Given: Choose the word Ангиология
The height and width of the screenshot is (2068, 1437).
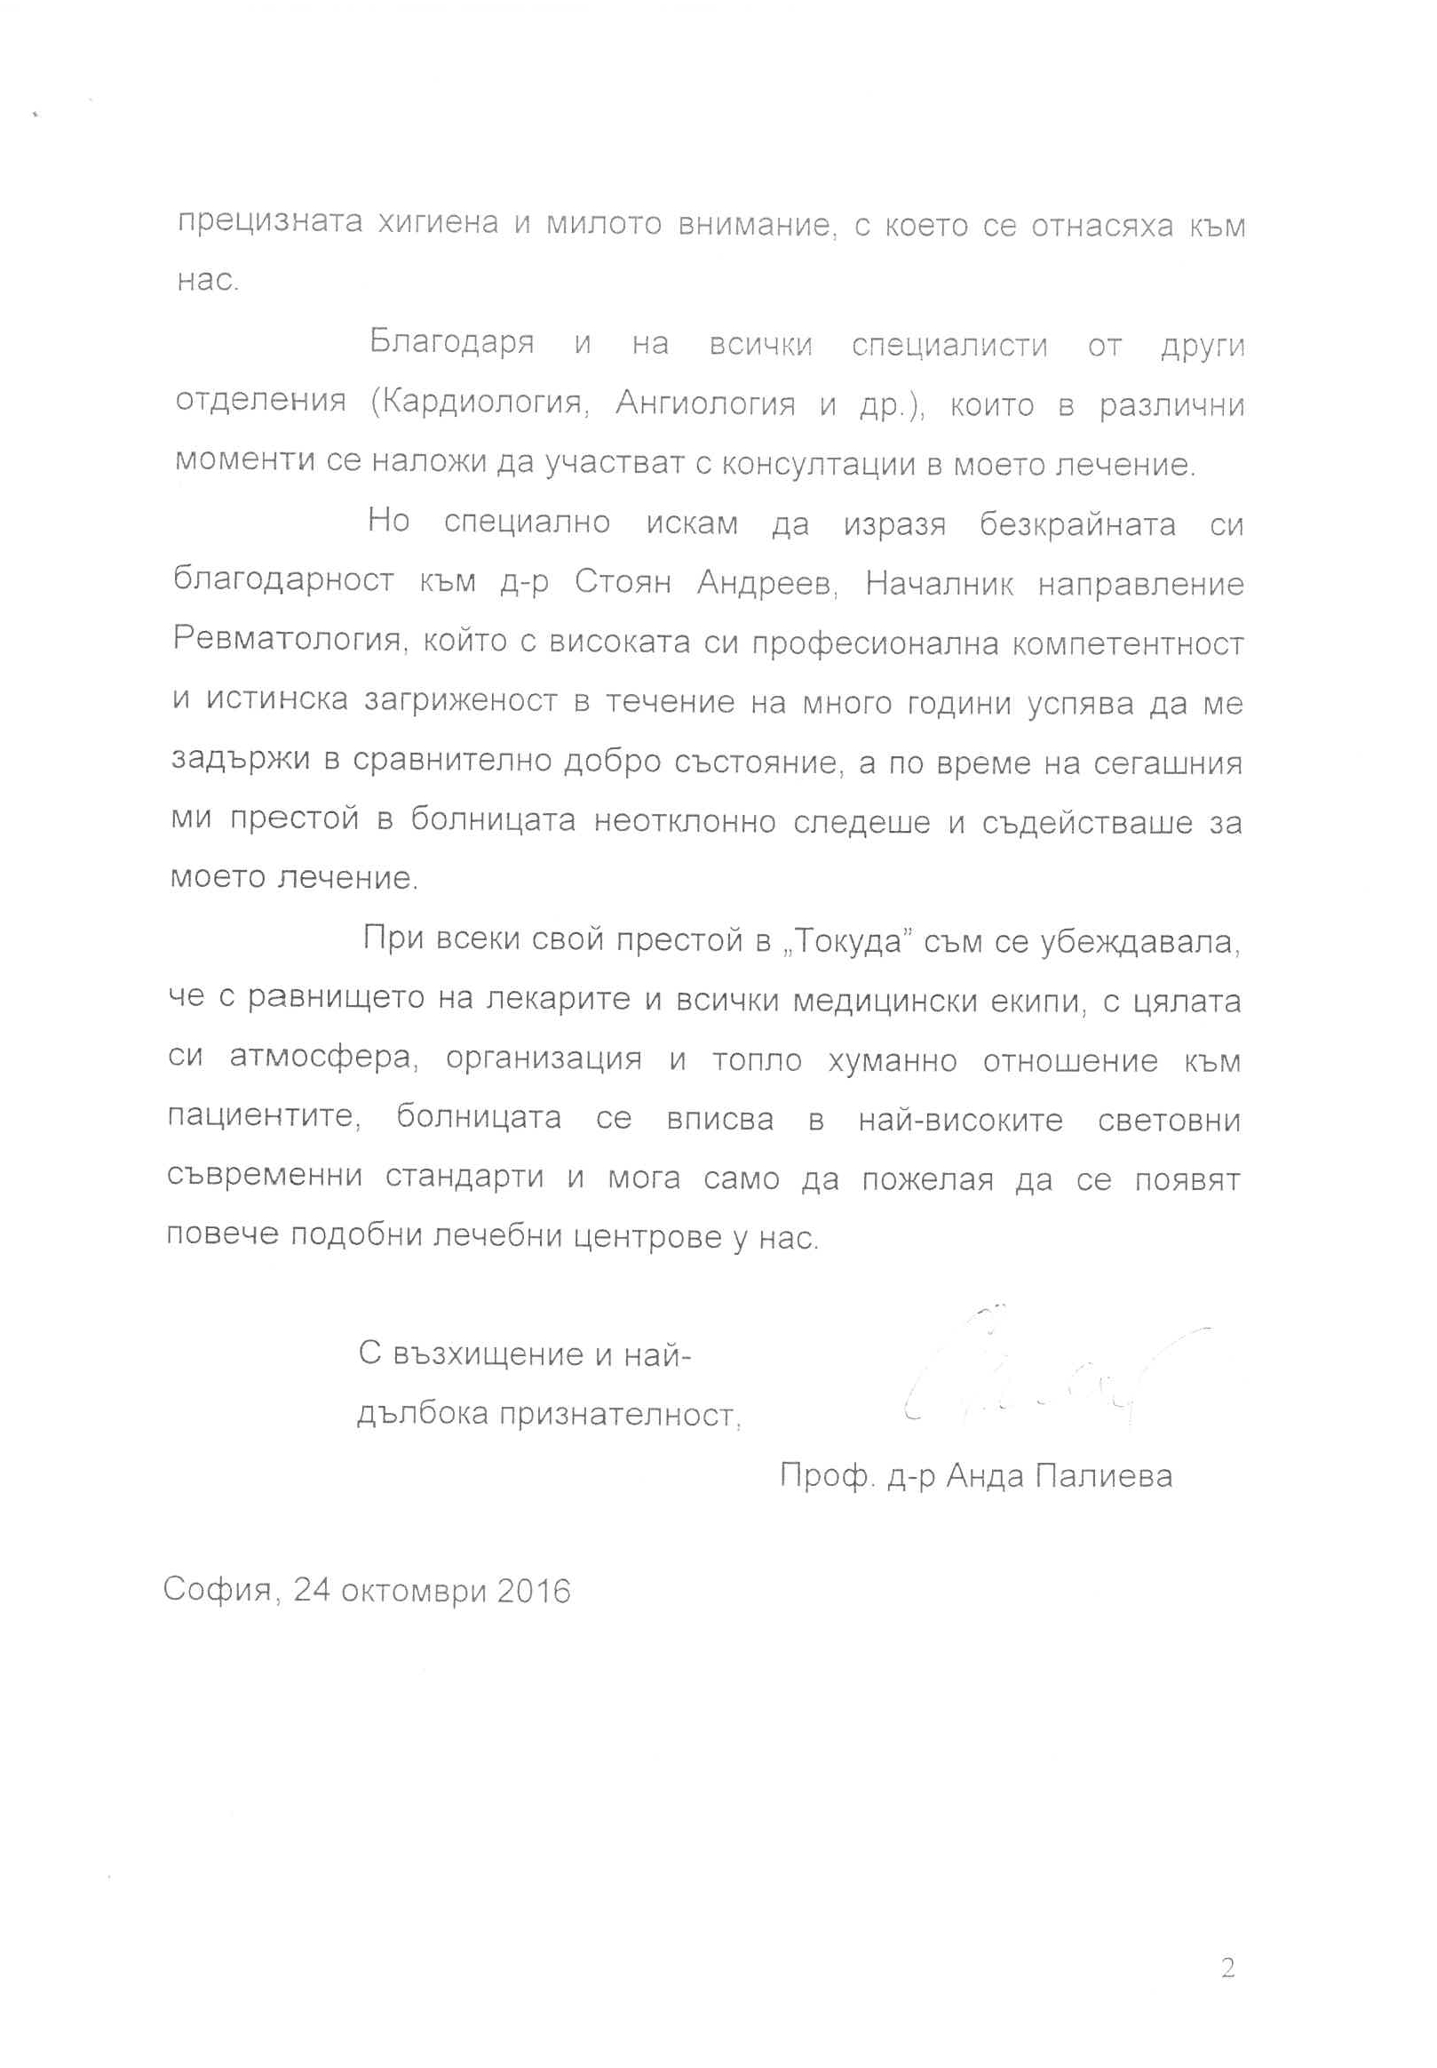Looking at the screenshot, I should point(705,403).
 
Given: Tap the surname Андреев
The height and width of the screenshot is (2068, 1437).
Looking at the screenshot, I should point(768,584).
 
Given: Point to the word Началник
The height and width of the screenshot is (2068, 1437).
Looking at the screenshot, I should point(939,585).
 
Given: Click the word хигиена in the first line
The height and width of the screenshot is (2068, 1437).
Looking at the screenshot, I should point(438,222).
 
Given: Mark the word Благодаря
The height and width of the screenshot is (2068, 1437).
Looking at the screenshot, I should point(452,343).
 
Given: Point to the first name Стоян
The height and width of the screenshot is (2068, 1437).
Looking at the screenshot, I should point(623,583).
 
